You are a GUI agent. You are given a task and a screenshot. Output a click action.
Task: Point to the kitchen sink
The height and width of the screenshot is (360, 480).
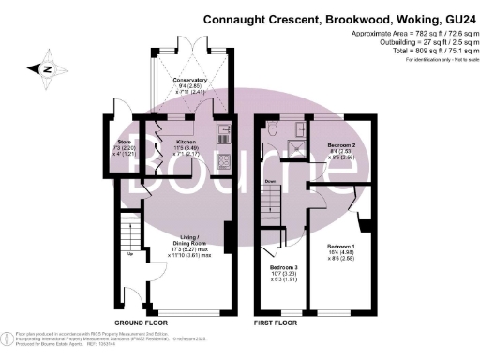pyautogui.click(x=221, y=131)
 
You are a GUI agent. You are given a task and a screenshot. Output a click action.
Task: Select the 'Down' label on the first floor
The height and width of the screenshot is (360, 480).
pyautogui.click(x=269, y=181)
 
